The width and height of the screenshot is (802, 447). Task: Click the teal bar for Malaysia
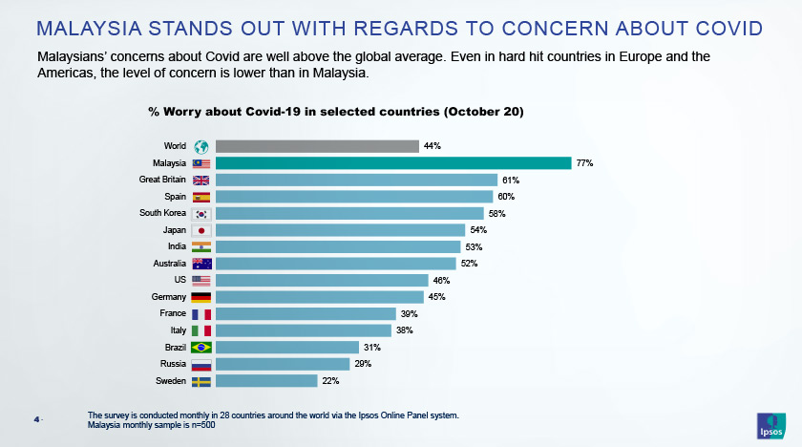coord(392,163)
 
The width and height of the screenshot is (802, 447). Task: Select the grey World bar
coord(317,146)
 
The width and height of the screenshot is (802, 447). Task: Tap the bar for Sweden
coord(266,381)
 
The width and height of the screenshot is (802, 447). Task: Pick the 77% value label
coord(584,163)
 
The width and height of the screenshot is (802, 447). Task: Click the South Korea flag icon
coord(201,213)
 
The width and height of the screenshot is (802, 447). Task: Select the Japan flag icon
coord(201,230)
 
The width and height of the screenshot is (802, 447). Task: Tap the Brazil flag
coord(201,348)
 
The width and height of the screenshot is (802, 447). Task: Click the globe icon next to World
coord(201,146)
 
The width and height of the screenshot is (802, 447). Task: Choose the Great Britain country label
coord(162,180)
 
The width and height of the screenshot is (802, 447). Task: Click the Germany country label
coord(168,297)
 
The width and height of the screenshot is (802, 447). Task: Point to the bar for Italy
coord(304,330)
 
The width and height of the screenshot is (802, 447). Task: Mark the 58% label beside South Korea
coord(496,213)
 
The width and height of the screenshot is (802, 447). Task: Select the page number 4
coord(36,418)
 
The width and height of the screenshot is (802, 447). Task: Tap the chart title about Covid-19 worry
coord(335,112)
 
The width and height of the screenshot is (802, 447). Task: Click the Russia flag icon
coord(201,364)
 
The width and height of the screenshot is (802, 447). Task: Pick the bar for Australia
coord(335,264)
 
